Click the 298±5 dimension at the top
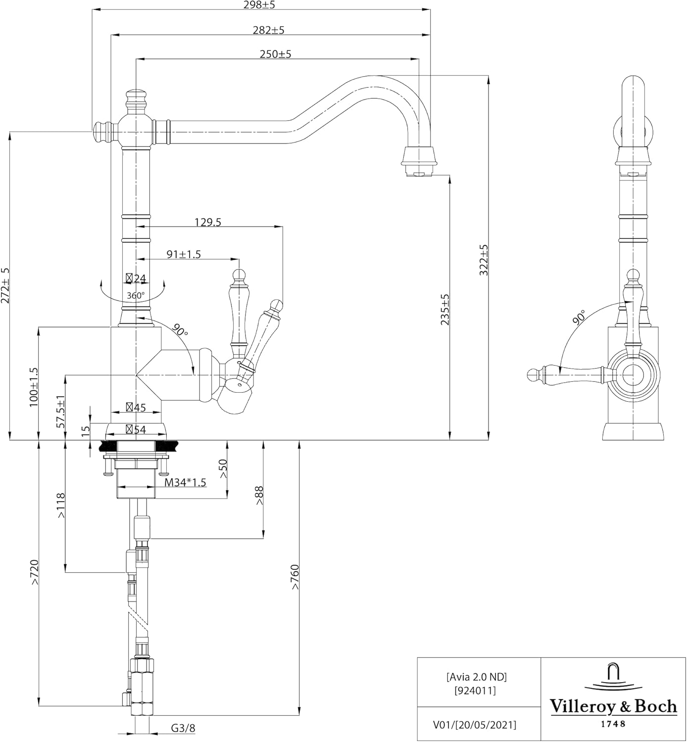pos(259,5)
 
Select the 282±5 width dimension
pos(269,30)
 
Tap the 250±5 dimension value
pos(276,54)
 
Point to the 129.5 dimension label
pos(208,222)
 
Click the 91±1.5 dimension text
pos(184,254)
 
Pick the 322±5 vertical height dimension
pos(484,260)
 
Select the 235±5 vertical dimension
pos(444,310)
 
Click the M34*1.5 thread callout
pos(186,482)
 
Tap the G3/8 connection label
pos(183,728)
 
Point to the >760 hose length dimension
pos(295,577)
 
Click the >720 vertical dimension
pos(35,572)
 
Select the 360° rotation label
pos(136,295)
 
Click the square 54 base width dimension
pos(136,429)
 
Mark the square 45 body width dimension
pos(136,407)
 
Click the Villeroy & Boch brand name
pos(613,706)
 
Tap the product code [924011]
pos(475,691)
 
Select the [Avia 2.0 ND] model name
pos(477,677)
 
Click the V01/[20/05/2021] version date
pos(475,725)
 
